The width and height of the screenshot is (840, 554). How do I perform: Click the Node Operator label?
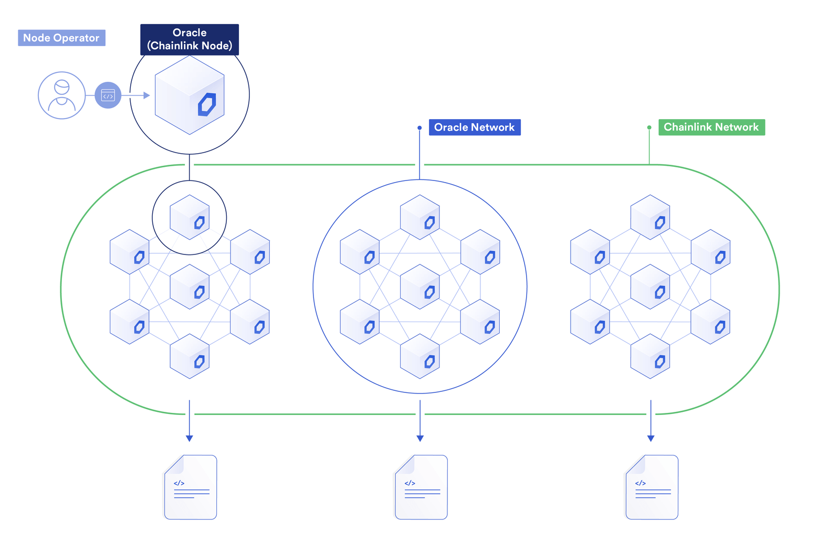pyautogui.click(x=61, y=38)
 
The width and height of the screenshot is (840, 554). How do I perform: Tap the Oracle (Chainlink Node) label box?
pyautogui.click(x=190, y=39)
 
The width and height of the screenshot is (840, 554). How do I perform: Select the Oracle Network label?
pyautogui.click(x=475, y=127)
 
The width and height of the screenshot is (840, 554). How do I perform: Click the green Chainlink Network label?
pyautogui.click(x=711, y=127)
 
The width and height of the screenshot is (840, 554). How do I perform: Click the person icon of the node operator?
pyautogui.click(x=62, y=95)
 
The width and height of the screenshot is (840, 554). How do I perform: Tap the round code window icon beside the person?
pyautogui.click(x=108, y=95)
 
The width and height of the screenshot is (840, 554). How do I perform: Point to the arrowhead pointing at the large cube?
pyautogui.click(x=146, y=95)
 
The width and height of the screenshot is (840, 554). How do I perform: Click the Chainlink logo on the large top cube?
pyautogui.click(x=207, y=104)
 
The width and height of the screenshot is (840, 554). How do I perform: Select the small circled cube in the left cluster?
pyautogui.click(x=190, y=217)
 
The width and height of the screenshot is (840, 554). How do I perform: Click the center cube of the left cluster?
pyautogui.click(x=190, y=286)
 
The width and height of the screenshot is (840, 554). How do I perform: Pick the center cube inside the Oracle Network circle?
pyautogui.click(x=420, y=286)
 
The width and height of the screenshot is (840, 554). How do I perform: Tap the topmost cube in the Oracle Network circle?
pyautogui.click(x=420, y=217)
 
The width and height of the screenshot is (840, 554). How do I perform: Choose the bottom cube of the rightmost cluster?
pyautogui.click(x=650, y=356)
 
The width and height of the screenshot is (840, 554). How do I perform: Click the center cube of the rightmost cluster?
pyautogui.click(x=650, y=286)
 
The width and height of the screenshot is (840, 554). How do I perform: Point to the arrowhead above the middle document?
pyautogui.click(x=420, y=438)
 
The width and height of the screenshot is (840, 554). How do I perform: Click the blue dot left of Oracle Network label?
pyautogui.click(x=419, y=127)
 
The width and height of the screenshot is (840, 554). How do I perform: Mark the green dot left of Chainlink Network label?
pyautogui.click(x=649, y=127)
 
